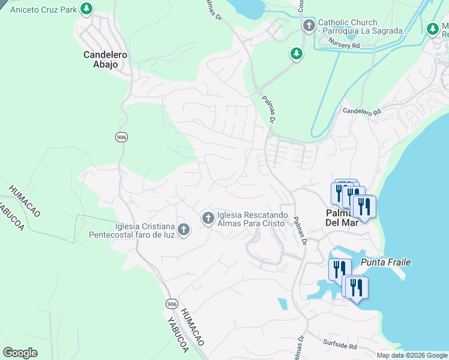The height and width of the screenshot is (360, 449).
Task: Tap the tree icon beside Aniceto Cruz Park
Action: coord(87,8)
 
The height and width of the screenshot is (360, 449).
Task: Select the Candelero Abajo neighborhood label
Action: coord(105,59)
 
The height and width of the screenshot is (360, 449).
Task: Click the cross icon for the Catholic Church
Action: coord(309,25)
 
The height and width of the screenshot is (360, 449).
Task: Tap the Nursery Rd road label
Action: coord(344,42)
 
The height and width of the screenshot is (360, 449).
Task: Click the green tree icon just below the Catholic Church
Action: coord(296,54)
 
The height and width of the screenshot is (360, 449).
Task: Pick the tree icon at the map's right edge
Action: coord(432,28)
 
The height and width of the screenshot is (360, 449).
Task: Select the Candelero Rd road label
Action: coord(362,112)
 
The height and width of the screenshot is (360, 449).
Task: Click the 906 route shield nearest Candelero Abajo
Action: coord(121,137)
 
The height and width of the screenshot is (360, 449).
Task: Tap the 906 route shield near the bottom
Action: coord(172,304)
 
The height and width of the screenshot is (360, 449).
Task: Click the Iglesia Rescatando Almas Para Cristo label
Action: coord(253,220)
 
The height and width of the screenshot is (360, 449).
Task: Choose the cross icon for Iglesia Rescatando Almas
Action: coord(208,218)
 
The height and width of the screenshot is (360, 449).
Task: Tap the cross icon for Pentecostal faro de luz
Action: coord(184,229)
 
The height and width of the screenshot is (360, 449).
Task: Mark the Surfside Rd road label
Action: coord(340,347)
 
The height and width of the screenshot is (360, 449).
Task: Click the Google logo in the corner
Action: coord(20,353)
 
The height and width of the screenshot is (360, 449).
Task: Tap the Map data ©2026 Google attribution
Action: coord(411,355)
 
